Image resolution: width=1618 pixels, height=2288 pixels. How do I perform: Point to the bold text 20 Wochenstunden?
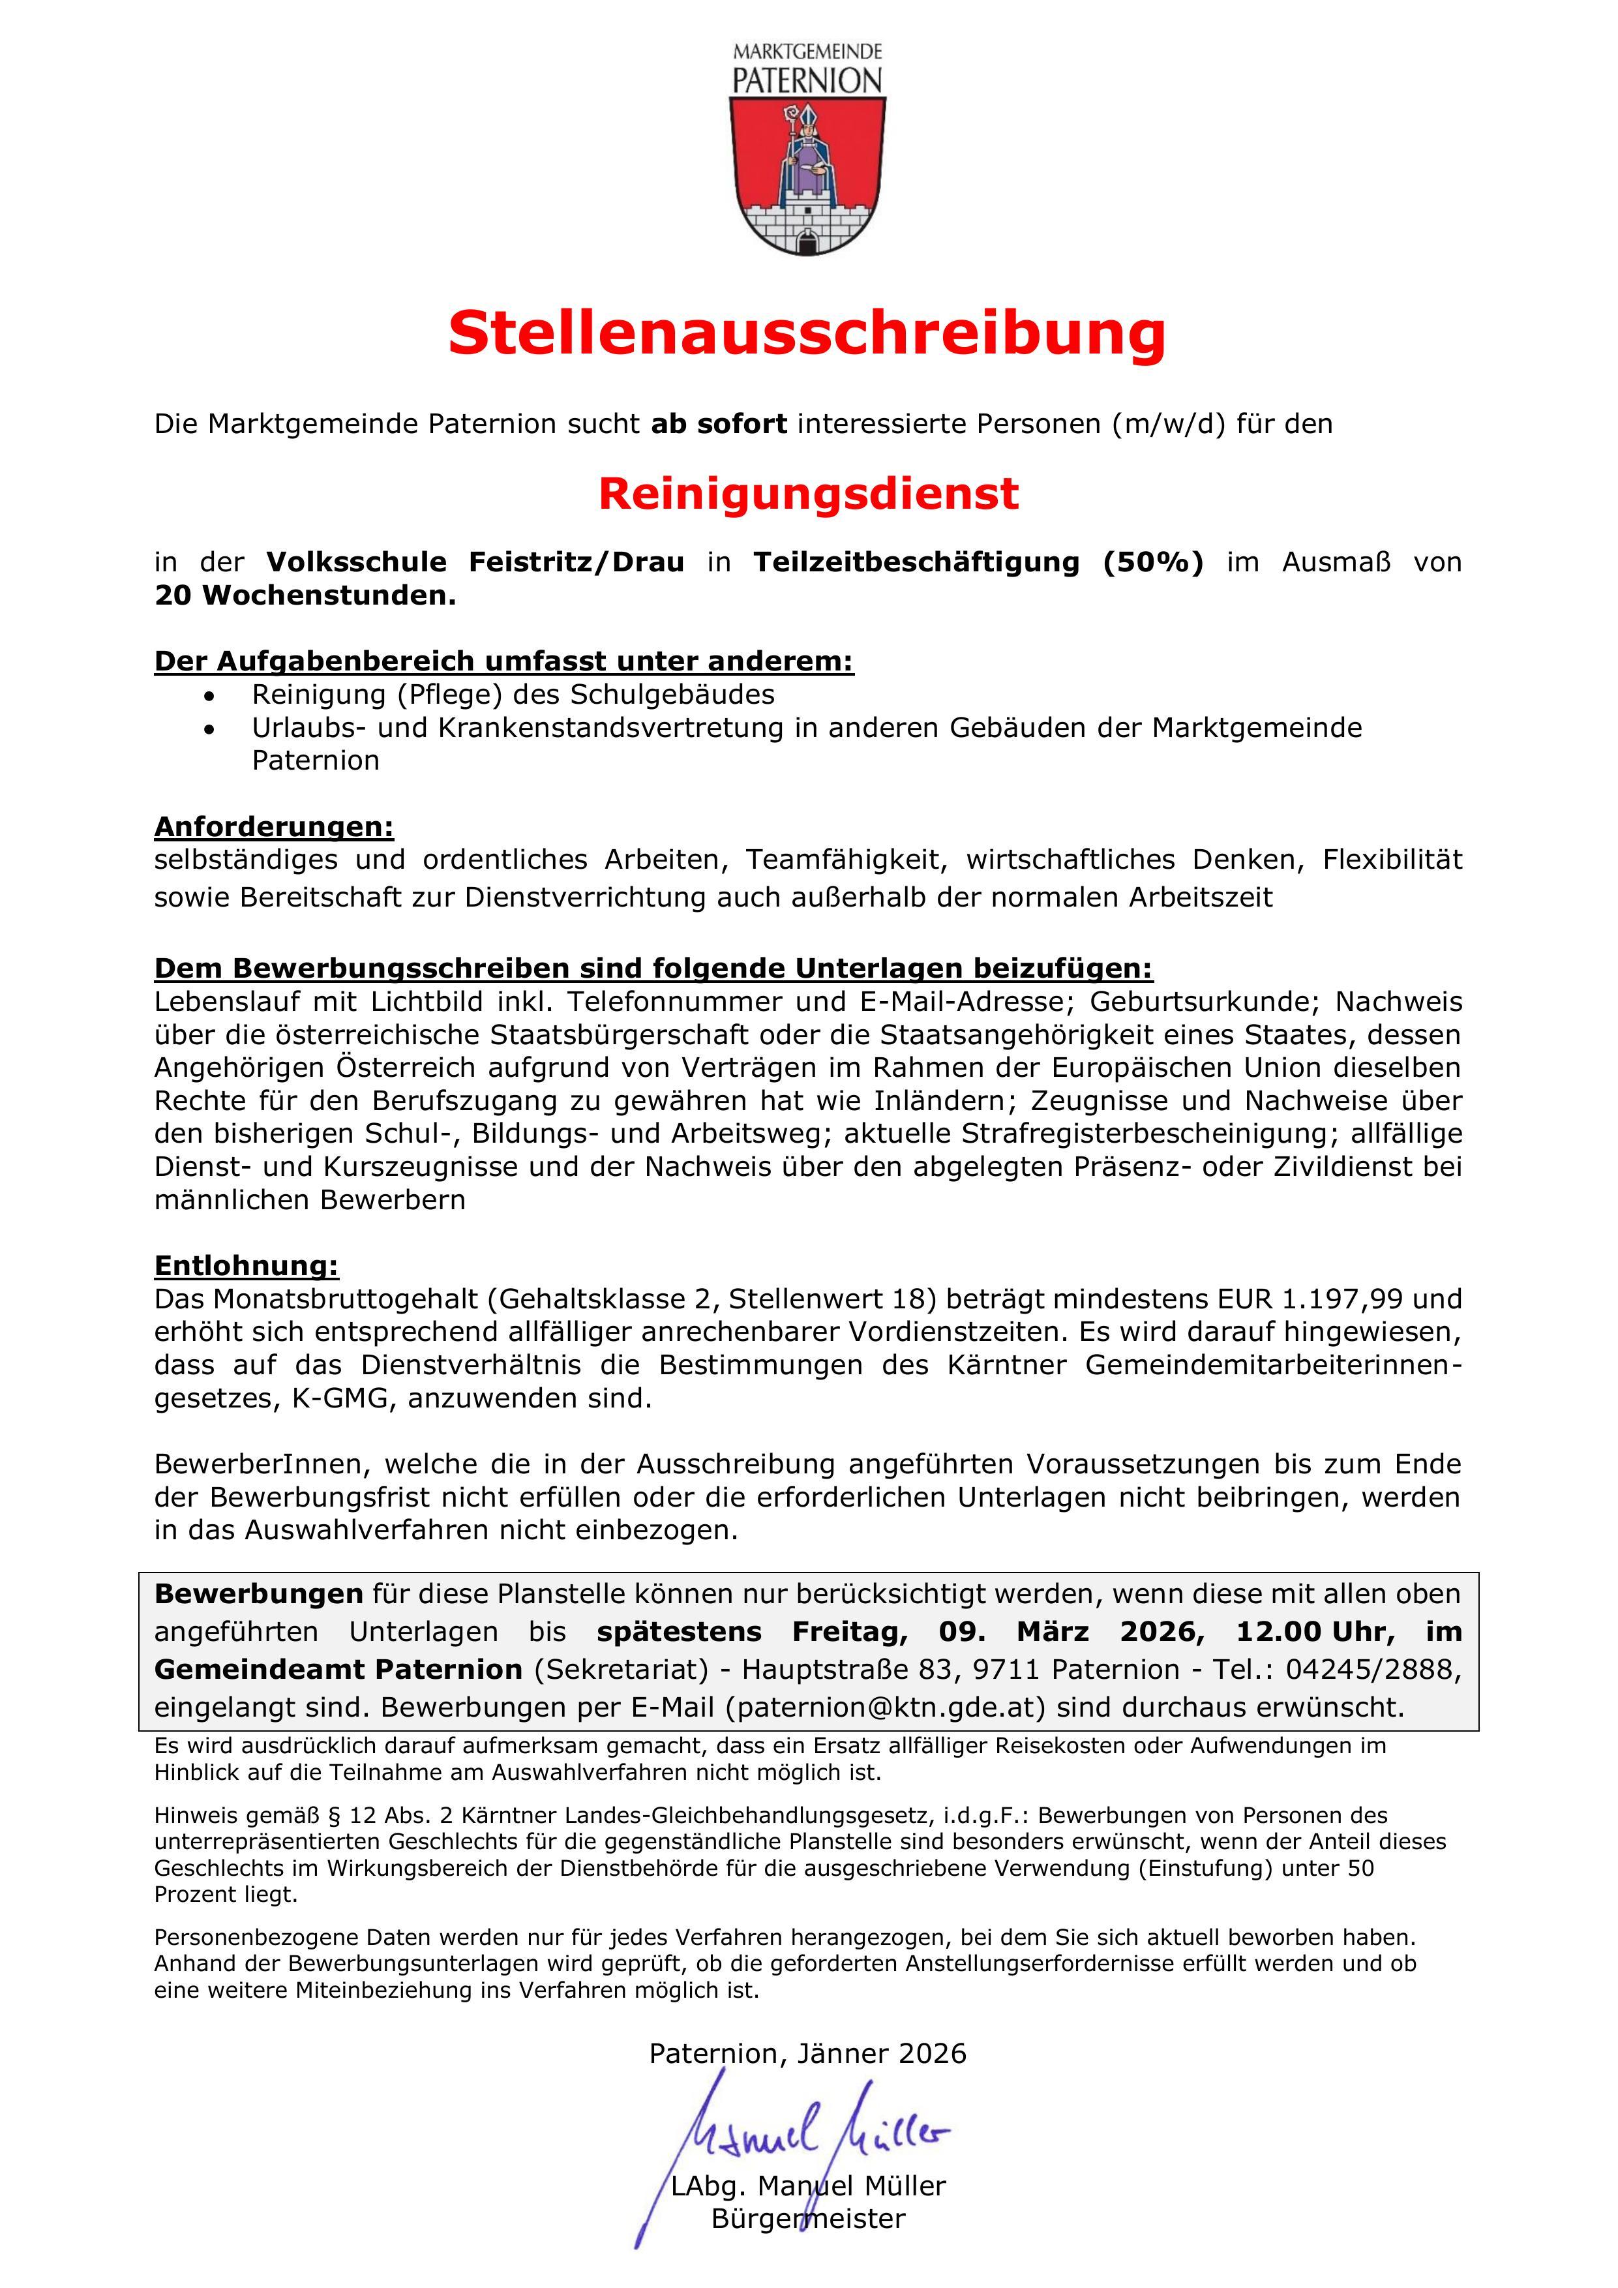pos(305,596)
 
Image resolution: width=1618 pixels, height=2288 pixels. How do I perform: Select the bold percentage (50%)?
pos(1153,562)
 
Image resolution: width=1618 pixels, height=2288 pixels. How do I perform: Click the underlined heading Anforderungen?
pos(274,826)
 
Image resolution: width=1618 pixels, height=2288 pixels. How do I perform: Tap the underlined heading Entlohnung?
pos(246,1265)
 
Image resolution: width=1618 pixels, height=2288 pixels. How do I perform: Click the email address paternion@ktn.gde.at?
pos(886,1707)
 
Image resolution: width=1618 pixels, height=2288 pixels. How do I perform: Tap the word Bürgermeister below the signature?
pos(808,2218)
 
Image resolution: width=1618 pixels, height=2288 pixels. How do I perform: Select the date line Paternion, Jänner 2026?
pos(808,2054)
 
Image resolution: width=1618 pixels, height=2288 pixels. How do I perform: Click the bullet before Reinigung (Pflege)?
pos(208,695)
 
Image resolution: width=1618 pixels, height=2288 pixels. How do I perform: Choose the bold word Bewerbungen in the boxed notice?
pos(259,1593)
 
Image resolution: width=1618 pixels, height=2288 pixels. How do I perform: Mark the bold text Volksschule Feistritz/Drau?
pos(475,562)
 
